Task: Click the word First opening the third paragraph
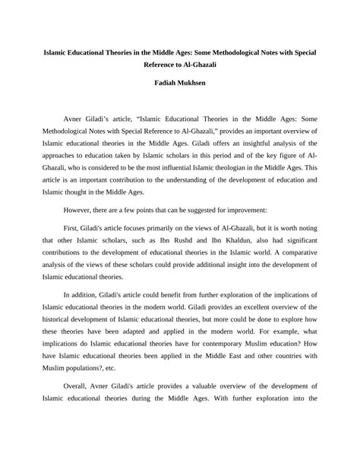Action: (75, 229)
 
